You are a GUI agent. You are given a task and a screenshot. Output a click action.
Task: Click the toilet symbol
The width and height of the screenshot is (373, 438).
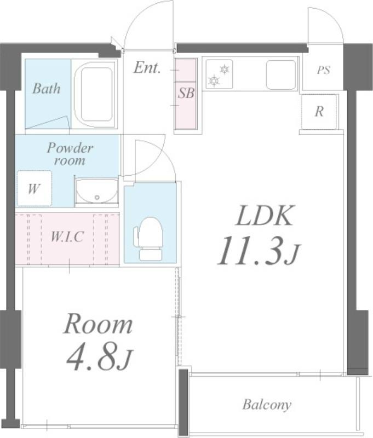pyautogui.click(x=148, y=239)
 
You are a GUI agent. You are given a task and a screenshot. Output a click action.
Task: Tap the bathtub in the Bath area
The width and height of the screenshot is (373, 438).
pyautogui.click(x=95, y=94)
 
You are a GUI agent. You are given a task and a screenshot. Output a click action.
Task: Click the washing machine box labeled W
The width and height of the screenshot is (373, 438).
pyautogui.click(x=35, y=188)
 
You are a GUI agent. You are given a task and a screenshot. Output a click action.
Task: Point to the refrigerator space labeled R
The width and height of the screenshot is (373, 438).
pyautogui.click(x=319, y=112)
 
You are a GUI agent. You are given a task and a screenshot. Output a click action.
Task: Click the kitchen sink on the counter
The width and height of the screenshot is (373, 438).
pyautogui.click(x=281, y=74)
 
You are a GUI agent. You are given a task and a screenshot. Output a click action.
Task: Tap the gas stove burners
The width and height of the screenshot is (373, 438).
pyautogui.click(x=219, y=74)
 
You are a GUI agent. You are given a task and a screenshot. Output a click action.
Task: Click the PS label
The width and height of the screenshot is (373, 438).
pyautogui.click(x=324, y=70)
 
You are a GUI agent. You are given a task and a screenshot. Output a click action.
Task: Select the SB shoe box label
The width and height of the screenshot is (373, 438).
pyautogui.click(x=186, y=93)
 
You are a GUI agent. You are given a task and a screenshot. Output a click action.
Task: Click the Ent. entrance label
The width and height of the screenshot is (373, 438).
pyautogui.click(x=147, y=67)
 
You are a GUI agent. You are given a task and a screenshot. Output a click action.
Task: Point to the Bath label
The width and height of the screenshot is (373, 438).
pyautogui.click(x=47, y=89)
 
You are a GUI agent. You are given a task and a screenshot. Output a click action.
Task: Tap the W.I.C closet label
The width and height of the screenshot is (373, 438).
pyautogui.click(x=67, y=237)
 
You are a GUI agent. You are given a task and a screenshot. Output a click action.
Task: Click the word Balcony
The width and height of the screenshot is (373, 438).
pyautogui.click(x=267, y=405)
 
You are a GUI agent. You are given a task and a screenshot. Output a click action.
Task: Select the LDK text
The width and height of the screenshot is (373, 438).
pyautogui.click(x=265, y=215)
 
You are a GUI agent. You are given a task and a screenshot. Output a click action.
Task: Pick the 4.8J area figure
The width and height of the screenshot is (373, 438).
pyautogui.click(x=100, y=358)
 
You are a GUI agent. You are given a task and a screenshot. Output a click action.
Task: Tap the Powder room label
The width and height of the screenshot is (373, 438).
pyautogui.click(x=70, y=154)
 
